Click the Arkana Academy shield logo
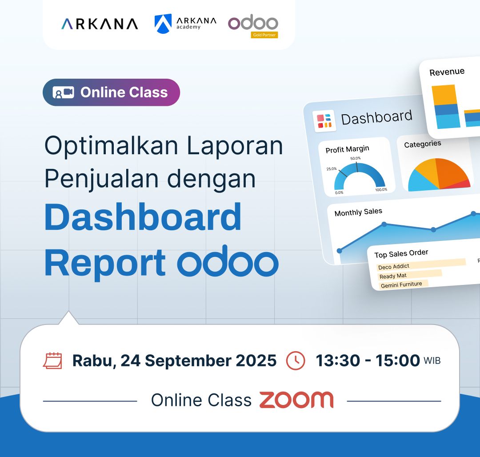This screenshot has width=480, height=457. click(163, 24)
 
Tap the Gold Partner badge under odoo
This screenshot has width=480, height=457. click(264, 35)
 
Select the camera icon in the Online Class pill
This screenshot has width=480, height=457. click(64, 92)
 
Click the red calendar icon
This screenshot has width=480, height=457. click(52, 361)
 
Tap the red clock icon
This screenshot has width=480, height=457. click(296, 361)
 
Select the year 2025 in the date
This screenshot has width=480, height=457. click(256, 361)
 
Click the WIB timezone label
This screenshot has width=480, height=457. click(432, 361)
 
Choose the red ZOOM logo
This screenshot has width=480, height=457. click(296, 400)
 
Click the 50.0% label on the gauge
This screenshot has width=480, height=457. click(356, 158)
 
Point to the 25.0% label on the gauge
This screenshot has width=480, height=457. click(332, 168)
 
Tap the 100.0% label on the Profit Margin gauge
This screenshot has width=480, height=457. click(381, 190)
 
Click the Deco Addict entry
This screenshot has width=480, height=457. click(394, 267)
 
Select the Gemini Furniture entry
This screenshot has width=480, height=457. click(401, 285)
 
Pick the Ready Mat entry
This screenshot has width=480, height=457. click(393, 276)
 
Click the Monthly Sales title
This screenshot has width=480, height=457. click(358, 212)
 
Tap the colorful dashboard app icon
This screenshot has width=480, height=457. click(324, 120)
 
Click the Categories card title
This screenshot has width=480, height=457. click(423, 144)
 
